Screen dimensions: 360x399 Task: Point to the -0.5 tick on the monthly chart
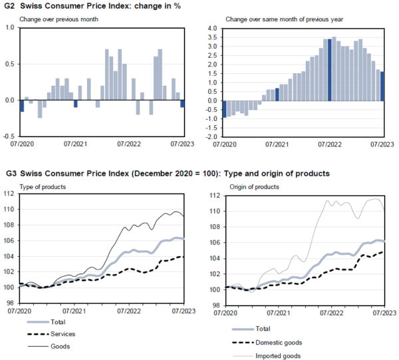pyautogui.click(x=9, y=136)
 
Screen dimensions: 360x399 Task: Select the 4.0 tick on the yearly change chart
pyautogui.click(x=212, y=29)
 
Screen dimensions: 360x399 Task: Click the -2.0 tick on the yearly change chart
pyautogui.click(x=211, y=136)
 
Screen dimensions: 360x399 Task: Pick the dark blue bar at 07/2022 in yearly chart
pyautogui.click(x=329, y=70)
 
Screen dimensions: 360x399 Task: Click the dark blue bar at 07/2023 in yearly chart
pyautogui.click(x=382, y=87)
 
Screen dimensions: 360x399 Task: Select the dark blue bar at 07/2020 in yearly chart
pyautogui.click(x=224, y=108)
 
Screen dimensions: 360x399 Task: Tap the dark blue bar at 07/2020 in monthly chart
pyautogui.click(x=22, y=106)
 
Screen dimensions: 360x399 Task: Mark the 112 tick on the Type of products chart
pyautogui.click(x=9, y=194)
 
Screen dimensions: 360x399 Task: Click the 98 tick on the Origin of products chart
pyautogui.click(x=213, y=305)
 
